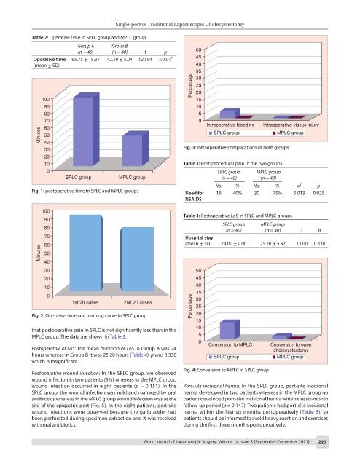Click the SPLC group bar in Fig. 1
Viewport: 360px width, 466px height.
click(86, 130)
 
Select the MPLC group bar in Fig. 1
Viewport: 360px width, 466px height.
click(136, 149)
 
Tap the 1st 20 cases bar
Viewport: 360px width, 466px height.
click(86, 253)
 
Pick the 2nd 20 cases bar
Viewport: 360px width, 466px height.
click(138, 259)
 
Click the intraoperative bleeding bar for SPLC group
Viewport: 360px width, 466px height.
click(230, 113)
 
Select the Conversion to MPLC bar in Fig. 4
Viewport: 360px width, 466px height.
click(230, 330)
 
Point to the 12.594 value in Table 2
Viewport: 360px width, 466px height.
click(145, 60)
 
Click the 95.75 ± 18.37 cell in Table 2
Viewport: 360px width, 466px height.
click(86, 60)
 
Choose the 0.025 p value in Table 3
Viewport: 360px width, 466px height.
click(318, 193)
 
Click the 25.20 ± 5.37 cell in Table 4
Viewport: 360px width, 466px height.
click(273, 243)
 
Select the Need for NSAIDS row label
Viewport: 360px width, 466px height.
click(195, 196)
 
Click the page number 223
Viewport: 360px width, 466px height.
click(322, 442)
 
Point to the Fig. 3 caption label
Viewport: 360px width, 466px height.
click(189, 147)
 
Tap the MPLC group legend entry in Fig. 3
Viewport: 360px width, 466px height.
click(288, 133)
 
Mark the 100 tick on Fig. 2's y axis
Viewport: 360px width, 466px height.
click(46, 210)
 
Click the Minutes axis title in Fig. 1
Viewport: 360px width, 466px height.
click(38, 135)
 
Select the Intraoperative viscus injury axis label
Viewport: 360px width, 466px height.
click(291, 125)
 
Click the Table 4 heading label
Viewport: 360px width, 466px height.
click(192, 216)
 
